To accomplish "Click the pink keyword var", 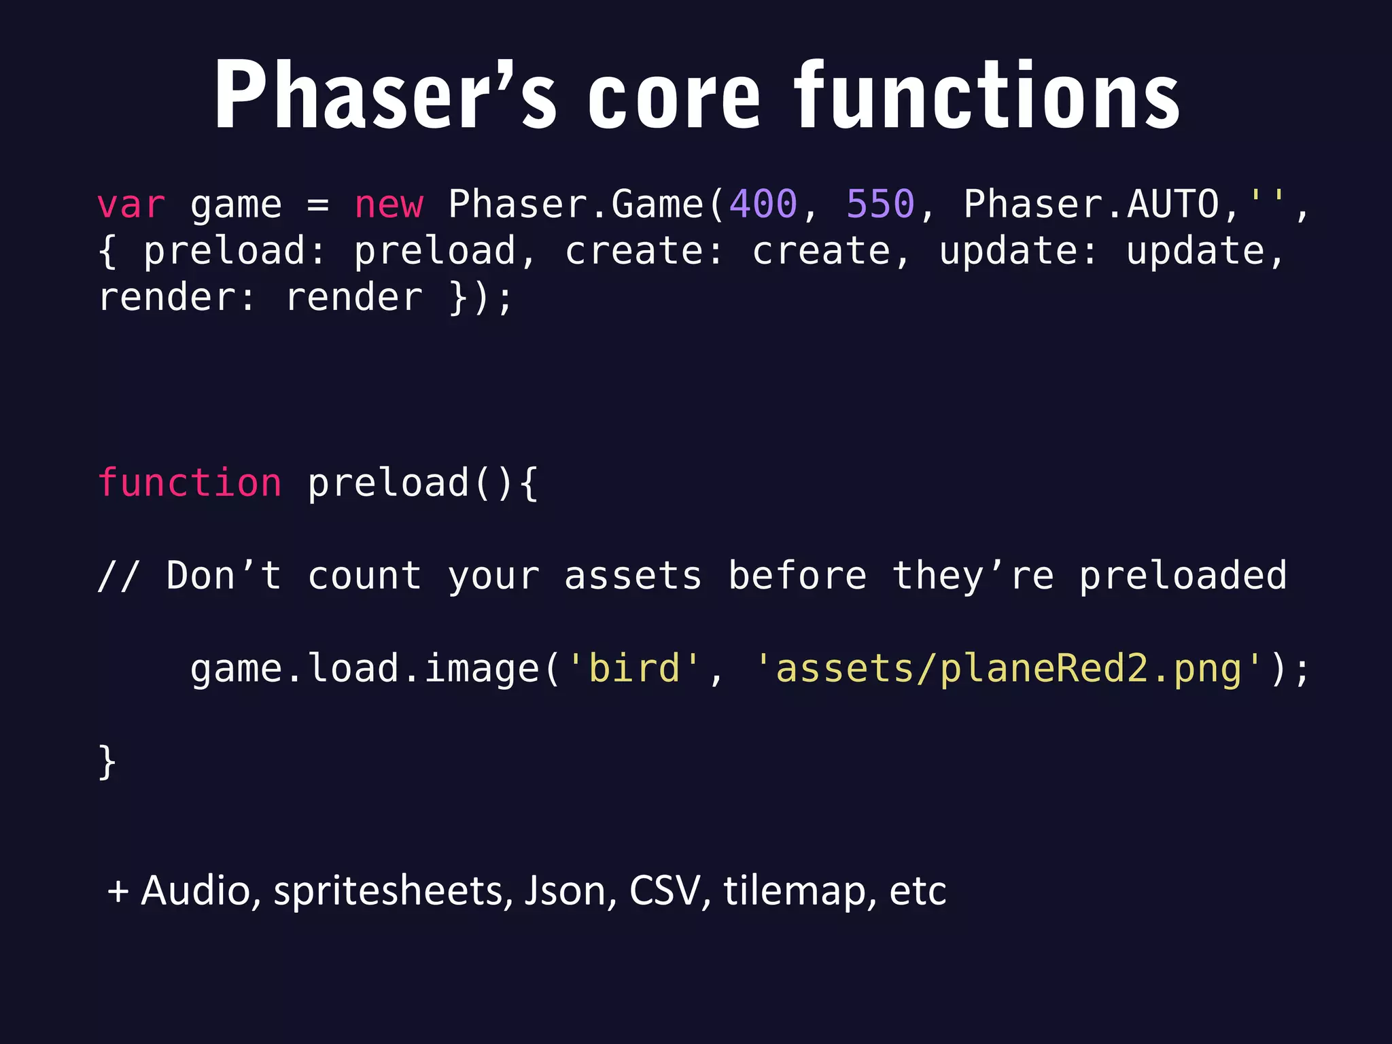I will click(x=131, y=205).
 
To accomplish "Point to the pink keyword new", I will click(x=389, y=205).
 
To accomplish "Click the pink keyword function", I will click(x=190, y=483).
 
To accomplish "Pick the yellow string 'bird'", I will click(x=634, y=668).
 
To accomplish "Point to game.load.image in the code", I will click(x=365, y=669).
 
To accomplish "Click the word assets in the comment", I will click(x=633, y=576).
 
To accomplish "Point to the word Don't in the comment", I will click(x=224, y=576).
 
